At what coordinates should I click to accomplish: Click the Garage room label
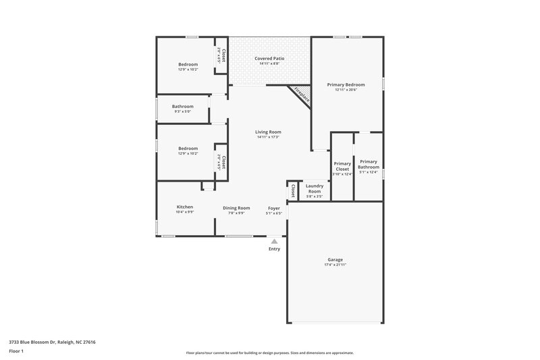[335, 259]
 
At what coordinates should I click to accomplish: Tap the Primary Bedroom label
[346, 84]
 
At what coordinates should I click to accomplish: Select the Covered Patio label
[269, 59]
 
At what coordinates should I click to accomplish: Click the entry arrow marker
[274, 240]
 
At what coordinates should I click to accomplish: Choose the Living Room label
[268, 132]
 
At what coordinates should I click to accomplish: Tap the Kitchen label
[185, 207]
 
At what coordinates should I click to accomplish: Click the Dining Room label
[237, 208]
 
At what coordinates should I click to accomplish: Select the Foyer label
[273, 208]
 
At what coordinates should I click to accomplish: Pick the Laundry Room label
[315, 188]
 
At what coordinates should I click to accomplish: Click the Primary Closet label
[342, 166]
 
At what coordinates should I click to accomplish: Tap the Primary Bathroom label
[369, 164]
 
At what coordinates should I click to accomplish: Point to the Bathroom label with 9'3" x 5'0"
[182, 106]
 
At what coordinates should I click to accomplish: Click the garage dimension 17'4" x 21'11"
[335, 265]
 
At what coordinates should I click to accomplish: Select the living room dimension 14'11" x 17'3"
[268, 137]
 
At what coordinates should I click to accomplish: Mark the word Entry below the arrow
[274, 249]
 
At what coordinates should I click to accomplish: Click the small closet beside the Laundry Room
[293, 191]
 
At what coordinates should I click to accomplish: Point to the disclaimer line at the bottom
[269, 353]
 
